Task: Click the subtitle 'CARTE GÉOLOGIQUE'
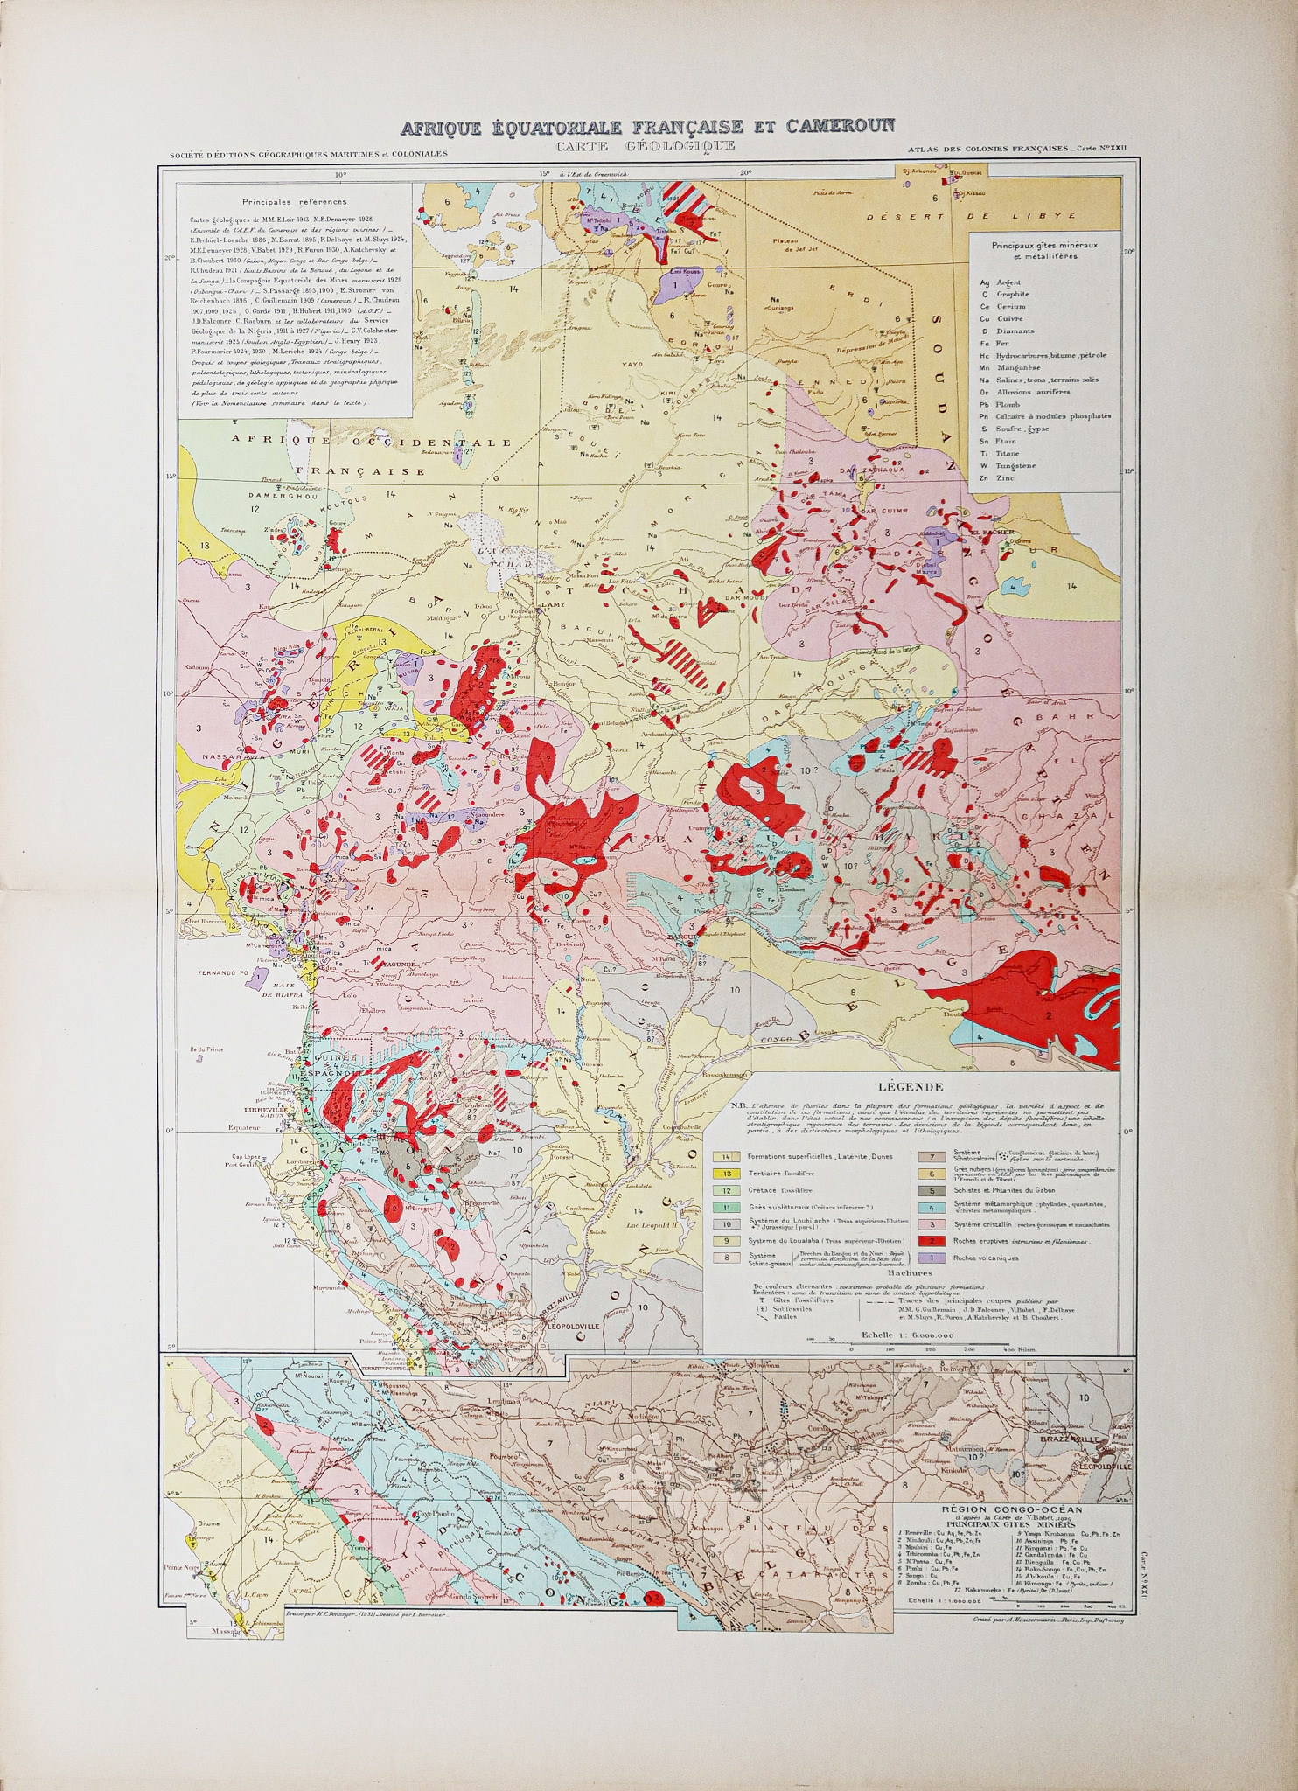pyautogui.click(x=647, y=145)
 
